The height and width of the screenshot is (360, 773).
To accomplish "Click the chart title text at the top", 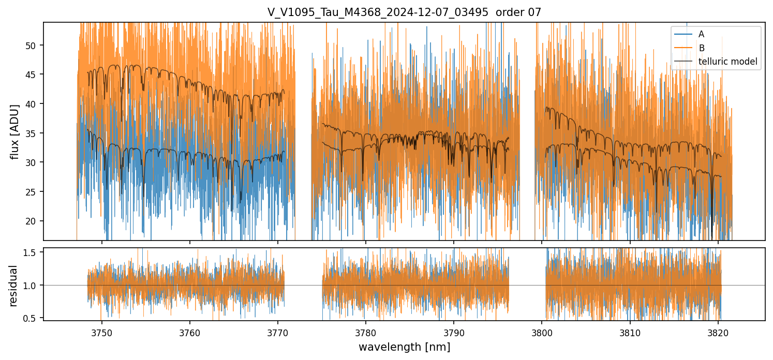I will (x=404, y=12).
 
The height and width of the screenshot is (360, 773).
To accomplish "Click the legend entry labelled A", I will (x=701, y=34).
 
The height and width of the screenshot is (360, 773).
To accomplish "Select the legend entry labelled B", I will (x=701, y=48).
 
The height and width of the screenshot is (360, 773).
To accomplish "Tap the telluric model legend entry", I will (x=727, y=62).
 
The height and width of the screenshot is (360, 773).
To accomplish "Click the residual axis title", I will (x=14, y=286).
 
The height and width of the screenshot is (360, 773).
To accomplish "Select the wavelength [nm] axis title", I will (x=404, y=347).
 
